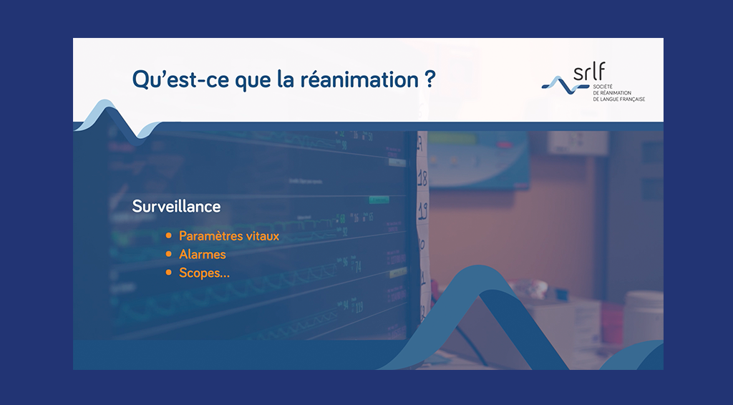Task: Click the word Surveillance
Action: (176, 207)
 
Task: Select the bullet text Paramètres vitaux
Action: (229, 236)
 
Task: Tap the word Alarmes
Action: (203, 255)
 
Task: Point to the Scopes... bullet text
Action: (204, 273)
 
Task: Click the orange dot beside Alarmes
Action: (169, 255)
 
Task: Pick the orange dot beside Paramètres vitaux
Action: (169, 236)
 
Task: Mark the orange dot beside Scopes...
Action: (169, 273)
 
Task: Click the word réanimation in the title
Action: (359, 79)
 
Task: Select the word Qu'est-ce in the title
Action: (181, 79)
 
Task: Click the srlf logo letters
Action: (589, 72)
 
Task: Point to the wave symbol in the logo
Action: (565, 85)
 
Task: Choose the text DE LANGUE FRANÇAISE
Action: (619, 99)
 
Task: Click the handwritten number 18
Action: (422, 178)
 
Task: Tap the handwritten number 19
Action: (422, 212)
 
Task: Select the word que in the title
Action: (253, 80)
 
